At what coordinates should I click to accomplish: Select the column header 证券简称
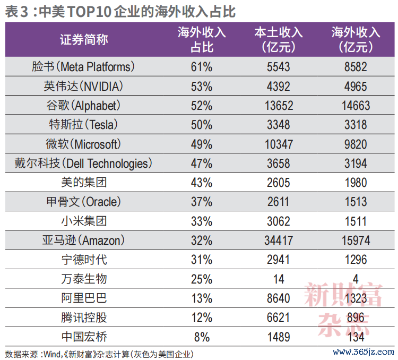[84, 40]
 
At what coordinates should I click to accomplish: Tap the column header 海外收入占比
[202, 39]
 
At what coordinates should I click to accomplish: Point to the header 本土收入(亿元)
[279, 39]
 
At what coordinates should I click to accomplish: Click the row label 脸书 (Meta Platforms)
[83, 66]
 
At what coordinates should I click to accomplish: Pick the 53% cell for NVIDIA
[202, 87]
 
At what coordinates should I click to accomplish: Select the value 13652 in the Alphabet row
[279, 106]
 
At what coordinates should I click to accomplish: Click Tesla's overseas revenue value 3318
[356, 125]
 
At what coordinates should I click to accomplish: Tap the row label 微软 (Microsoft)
[83, 144]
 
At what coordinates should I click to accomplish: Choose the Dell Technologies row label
[83, 163]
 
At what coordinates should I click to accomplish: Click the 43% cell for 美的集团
[202, 183]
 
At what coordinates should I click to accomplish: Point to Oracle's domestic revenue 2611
[279, 202]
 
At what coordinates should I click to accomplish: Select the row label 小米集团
[84, 221]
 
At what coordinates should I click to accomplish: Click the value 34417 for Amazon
[279, 241]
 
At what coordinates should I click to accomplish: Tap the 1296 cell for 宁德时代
[356, 260]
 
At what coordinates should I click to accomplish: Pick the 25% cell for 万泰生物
[202, 279]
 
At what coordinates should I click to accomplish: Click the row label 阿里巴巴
[84, 298]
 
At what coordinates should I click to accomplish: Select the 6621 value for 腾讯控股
[279, 318]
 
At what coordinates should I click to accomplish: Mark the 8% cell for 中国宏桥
[202, 337]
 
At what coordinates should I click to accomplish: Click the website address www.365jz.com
[364, 352]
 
